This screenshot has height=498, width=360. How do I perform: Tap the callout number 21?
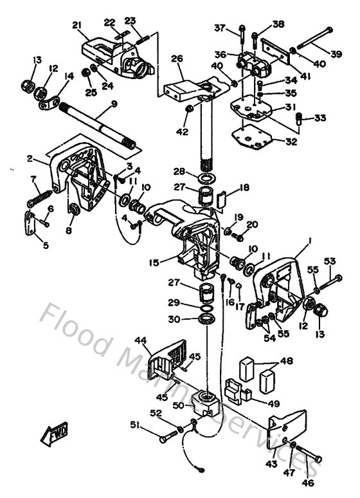[78, 25]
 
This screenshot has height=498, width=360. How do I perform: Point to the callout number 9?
[113, 104]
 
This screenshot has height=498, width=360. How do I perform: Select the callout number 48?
[286, 361]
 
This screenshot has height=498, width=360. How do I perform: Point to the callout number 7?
[33, 178]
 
